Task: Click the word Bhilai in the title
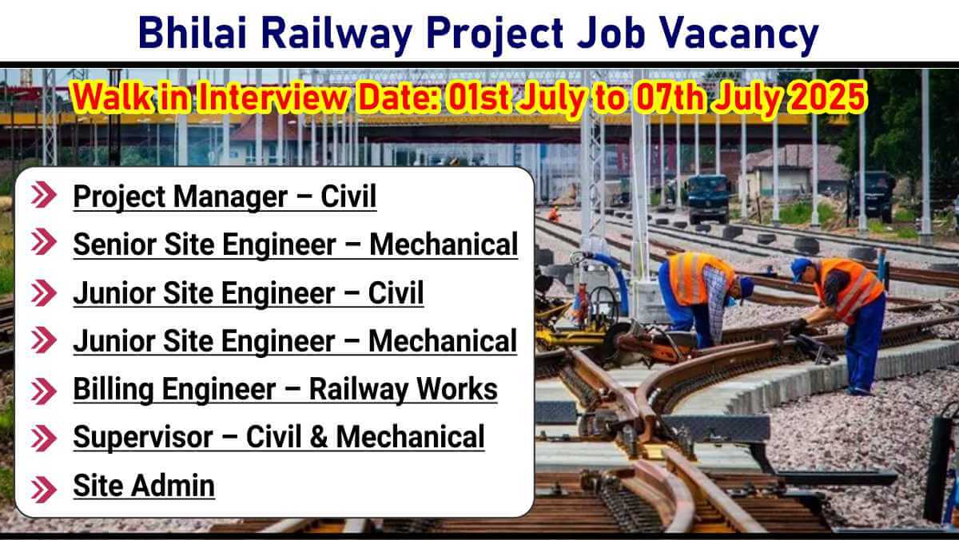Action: pyautogui.click(x=193, y=33)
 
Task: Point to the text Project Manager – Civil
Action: pyautogui.click(x=225, y=197)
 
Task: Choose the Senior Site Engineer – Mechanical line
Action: pyautogui.click(x=296, y=244)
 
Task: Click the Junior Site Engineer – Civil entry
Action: pyautogui.click(x=249, y=293)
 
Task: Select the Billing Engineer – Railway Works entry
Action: pyautogui.click(x=285, y=389)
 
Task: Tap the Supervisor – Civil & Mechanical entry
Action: pyautogui.click(x=279, y=437)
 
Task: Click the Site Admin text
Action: pyautogui.click(x=144, y=486)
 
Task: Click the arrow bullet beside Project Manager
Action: pyautogui.click(x=44, y=195)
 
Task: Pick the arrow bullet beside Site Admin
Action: pyautogui.click(x=44, y=490)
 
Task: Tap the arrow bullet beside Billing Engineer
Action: pyautogui.click(x=44, y=391)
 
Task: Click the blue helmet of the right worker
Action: pyautogui.click(x=800, y=268)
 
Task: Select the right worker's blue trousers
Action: pyautogui.click(x=865, y=343)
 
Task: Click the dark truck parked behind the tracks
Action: pyautogui.click(x=706, y=198)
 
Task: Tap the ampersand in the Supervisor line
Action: pyautogui.click(x=318, y=437)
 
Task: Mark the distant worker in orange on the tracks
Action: pyautogui.click(x=555, y=214)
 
